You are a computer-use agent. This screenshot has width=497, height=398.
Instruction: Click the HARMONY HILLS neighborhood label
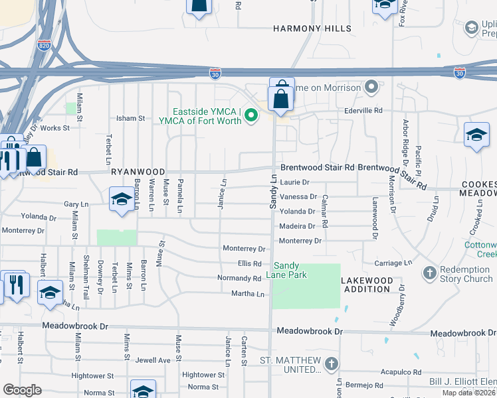[x=312, y=29]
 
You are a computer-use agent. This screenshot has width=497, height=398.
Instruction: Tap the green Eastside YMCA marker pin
[x=250, y=116]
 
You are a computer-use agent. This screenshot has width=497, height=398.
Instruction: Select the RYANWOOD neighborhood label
[x=138, y=172]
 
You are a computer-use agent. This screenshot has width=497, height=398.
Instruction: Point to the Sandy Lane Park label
[x=290, y=270]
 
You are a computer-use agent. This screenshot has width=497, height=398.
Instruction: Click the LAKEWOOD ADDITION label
[x=366, y=285]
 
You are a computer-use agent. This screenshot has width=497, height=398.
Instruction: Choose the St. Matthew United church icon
[x=332, y=364]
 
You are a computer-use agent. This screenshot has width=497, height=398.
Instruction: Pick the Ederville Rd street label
[x=363, y=110]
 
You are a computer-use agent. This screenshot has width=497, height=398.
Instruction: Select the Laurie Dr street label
[x=295, y=182]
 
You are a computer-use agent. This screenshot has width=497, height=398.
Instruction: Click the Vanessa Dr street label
[x=298, y=196]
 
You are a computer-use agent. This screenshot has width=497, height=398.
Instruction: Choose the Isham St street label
[x=130, y=118]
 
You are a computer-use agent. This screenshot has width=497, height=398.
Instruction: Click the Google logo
[x=23, y=389]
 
